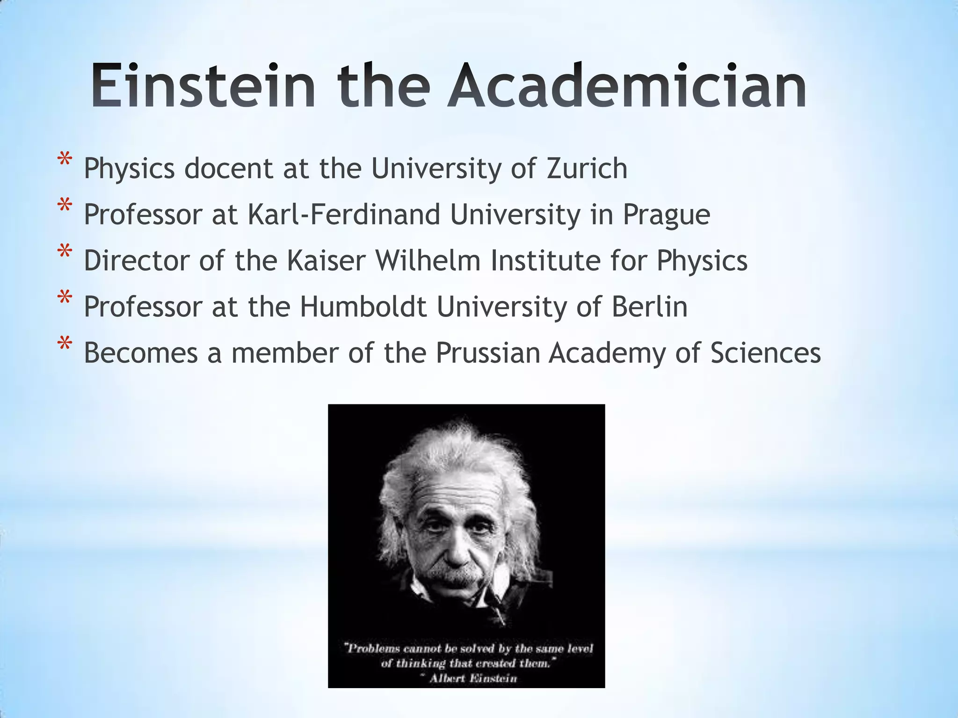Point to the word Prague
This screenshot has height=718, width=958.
[x=666, y=215]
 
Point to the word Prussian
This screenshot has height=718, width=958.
[x=488, y=353]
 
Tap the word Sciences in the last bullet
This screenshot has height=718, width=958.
[x=765, y=353]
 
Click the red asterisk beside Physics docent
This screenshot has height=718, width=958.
[x=65, y=161]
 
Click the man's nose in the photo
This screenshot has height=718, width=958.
[x=456, y=552]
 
